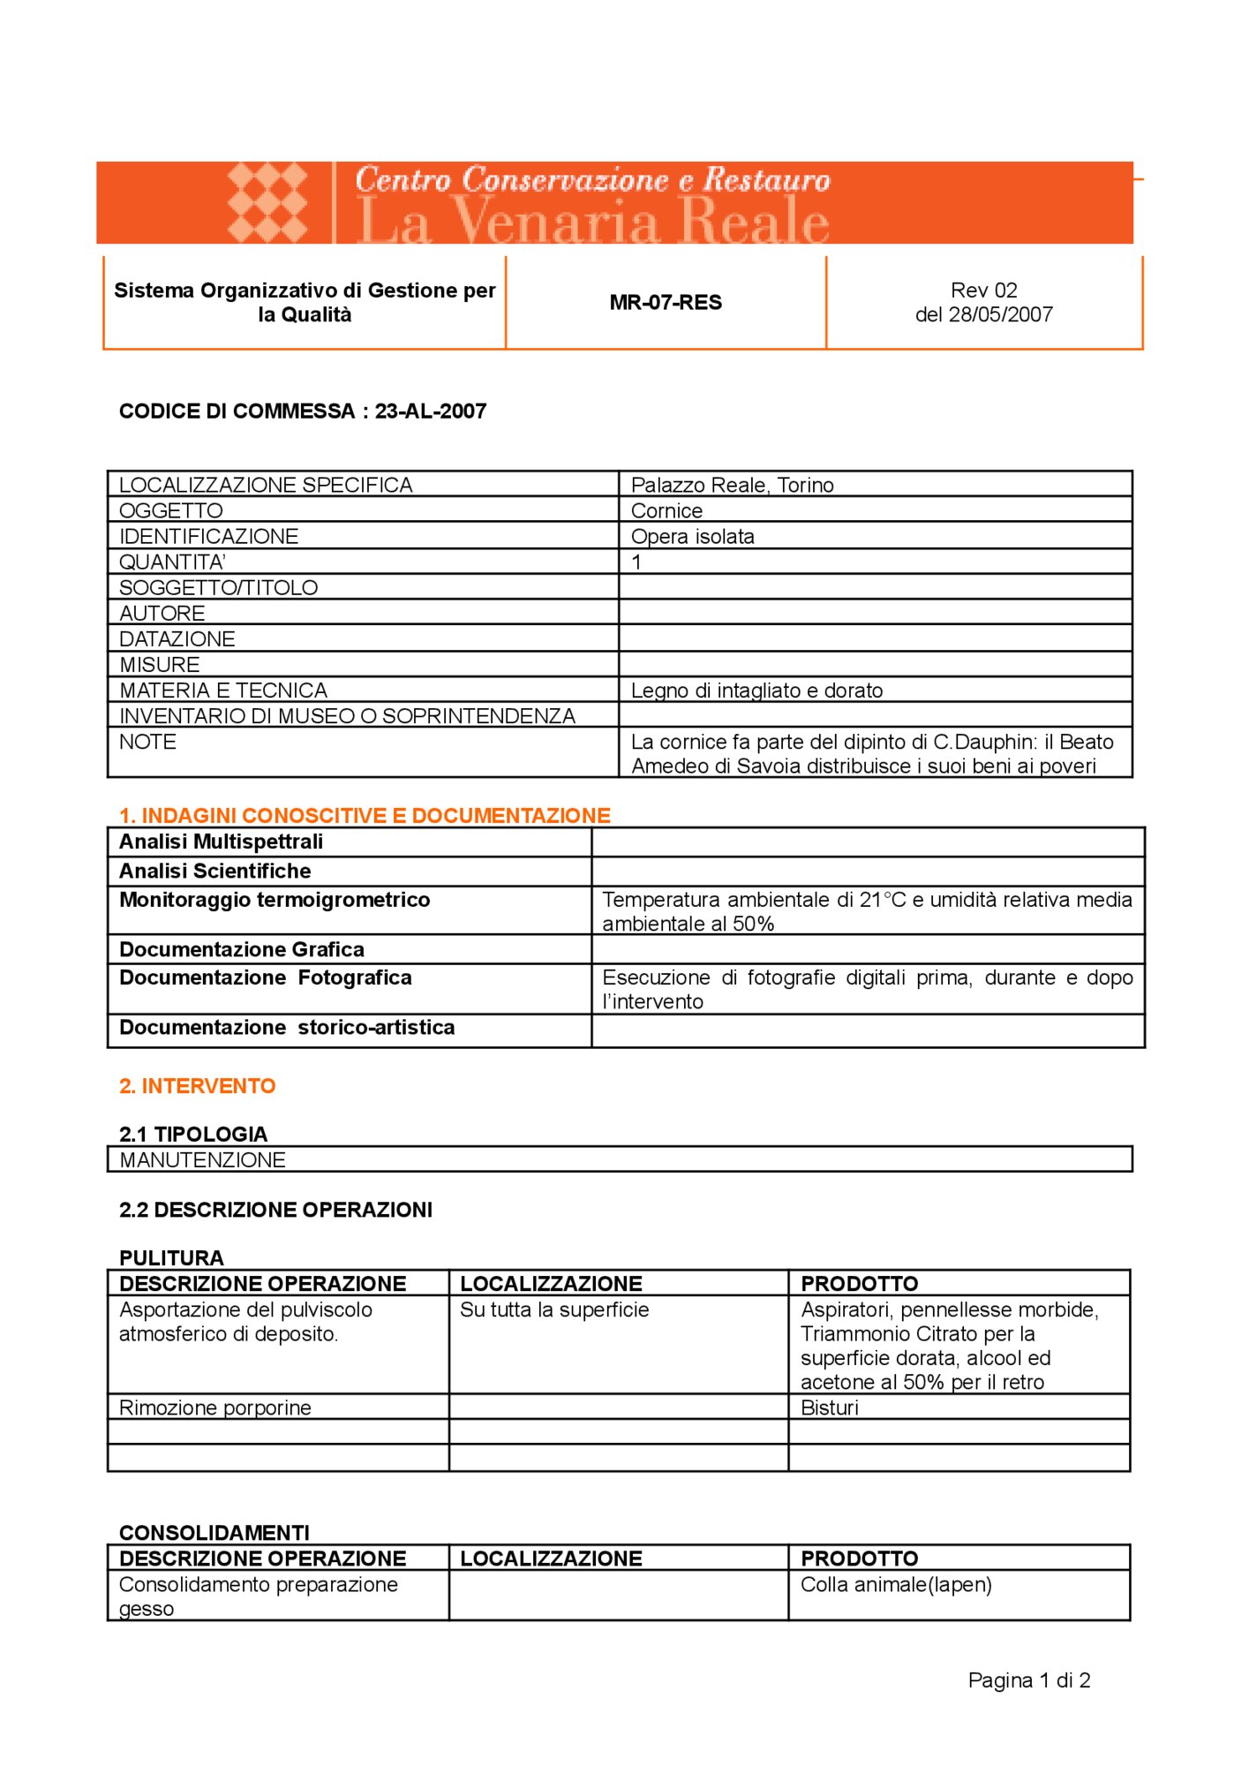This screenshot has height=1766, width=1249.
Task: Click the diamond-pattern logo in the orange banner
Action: pyautogui.click(x=267, y=202)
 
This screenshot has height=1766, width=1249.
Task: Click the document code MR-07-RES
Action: pyautogui.click(x=666, y=303)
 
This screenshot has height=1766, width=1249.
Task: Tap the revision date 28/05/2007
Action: pyautogui.click(x=1000, y=315)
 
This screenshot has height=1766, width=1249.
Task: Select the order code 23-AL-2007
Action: pyautogui.click(x=431, y=411)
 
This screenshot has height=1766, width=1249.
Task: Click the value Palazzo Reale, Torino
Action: pyautogui.click(x=732, y=485)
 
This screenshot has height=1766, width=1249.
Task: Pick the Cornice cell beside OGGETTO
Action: pyautogui.click(x=666, y=510)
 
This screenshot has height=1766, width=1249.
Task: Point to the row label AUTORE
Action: pyautogui.click(x=162, y=613)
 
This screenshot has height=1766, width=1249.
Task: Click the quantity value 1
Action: pyautogui.click(x=636, y=562)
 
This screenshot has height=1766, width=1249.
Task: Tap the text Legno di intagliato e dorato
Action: pyautogui.click(x=756, y=691)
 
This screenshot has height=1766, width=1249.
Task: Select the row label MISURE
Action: pyautogui.click(x=160, y=664)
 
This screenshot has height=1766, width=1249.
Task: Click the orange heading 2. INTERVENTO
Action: pyautogui.click(x=198, y=1086)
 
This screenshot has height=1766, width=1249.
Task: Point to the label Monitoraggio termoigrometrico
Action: pyautogui.click(x=275, y=900)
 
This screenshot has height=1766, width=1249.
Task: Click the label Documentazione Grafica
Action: pyautogui.click(x=242, y=949)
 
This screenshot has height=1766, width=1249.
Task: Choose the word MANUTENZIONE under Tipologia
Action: pyautogui.click(x=203, y=1159)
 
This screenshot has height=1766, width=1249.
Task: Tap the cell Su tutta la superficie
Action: pyautogui.click(x=554, y=1309)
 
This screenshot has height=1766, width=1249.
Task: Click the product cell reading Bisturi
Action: pyautogui.click(x=829, y=1408)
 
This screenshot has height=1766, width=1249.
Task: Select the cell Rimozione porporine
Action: pyautogui.click(x=215, y=1408)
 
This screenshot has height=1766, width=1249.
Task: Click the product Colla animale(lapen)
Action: pyautogui.click(x=896, y=1585)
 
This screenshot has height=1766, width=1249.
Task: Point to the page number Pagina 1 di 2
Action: pyautogui.click(x=1029, y=1680)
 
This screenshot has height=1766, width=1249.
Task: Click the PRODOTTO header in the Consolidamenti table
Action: pyautogui.click(x=859, y=1558)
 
